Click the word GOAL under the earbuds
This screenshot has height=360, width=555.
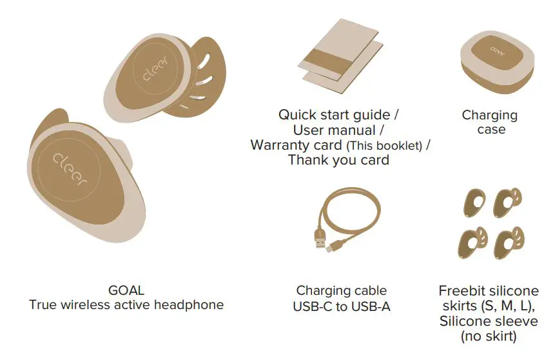[x=126, y=290]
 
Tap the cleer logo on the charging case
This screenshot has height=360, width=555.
[x=496, y=48]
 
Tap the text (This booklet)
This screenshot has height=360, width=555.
[x=384, y=146]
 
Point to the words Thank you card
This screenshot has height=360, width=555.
[x=338, y=159]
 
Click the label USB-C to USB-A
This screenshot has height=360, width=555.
[x=342, y=306]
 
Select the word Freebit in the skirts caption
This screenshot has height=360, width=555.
[x=462, y=291]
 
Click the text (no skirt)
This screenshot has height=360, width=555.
[x=490, y=335]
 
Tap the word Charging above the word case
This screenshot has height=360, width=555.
[x=490, y=115]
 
